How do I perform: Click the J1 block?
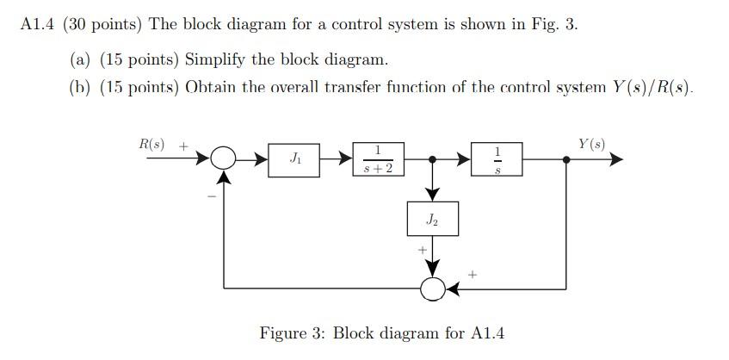tap(294, 159)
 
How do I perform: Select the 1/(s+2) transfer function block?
tap(378, 159)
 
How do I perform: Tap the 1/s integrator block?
tap(497, 159)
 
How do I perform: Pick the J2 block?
tap(432, 220)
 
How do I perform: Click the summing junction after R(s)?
tap(223, 159)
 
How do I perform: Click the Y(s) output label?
tap(592, 144)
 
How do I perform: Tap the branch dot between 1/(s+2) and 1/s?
tap(432, 159)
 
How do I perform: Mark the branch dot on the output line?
tap(565, 159)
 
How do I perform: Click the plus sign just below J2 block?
tap(422, 251)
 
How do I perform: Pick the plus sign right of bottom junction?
tap(472, 275)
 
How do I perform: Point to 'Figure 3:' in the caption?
tap(293, 332)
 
